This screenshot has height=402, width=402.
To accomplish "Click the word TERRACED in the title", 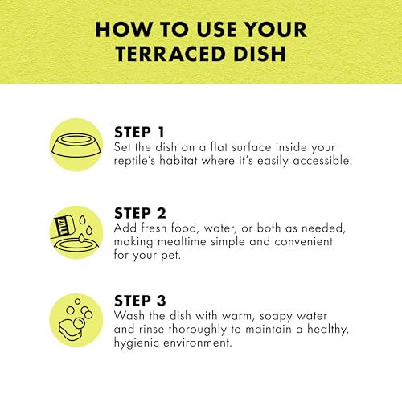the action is pyautogui.click(x=170, y=54).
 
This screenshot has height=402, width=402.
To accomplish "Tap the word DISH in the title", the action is pyautogui.click(x=260, y=54).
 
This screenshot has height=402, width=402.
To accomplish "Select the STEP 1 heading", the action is pyautogui.click(x=139, y=132).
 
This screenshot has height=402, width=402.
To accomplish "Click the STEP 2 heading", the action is pyautogui.click(x=140, y=213).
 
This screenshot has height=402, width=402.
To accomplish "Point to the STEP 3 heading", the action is pyautogui.click(x=140, y=301).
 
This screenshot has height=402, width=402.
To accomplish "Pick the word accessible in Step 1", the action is pyautogui.click(x=322, y=161).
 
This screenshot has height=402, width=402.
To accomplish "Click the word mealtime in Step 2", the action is pyautogui.click(x=182, y=241).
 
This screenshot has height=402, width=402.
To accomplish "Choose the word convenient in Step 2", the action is pyautogui.click(x=303, y=241).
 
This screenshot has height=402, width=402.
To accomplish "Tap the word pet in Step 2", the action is pyautogui.click(x=170, y=256).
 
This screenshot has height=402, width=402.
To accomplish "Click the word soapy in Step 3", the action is pyautogui.click(x=276, y=317).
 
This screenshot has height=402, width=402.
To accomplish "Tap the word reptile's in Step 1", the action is pyautogui.click(x=134, y=161).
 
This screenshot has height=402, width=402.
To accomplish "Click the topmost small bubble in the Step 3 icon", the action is pyautogui.click(x=77, y=301).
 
